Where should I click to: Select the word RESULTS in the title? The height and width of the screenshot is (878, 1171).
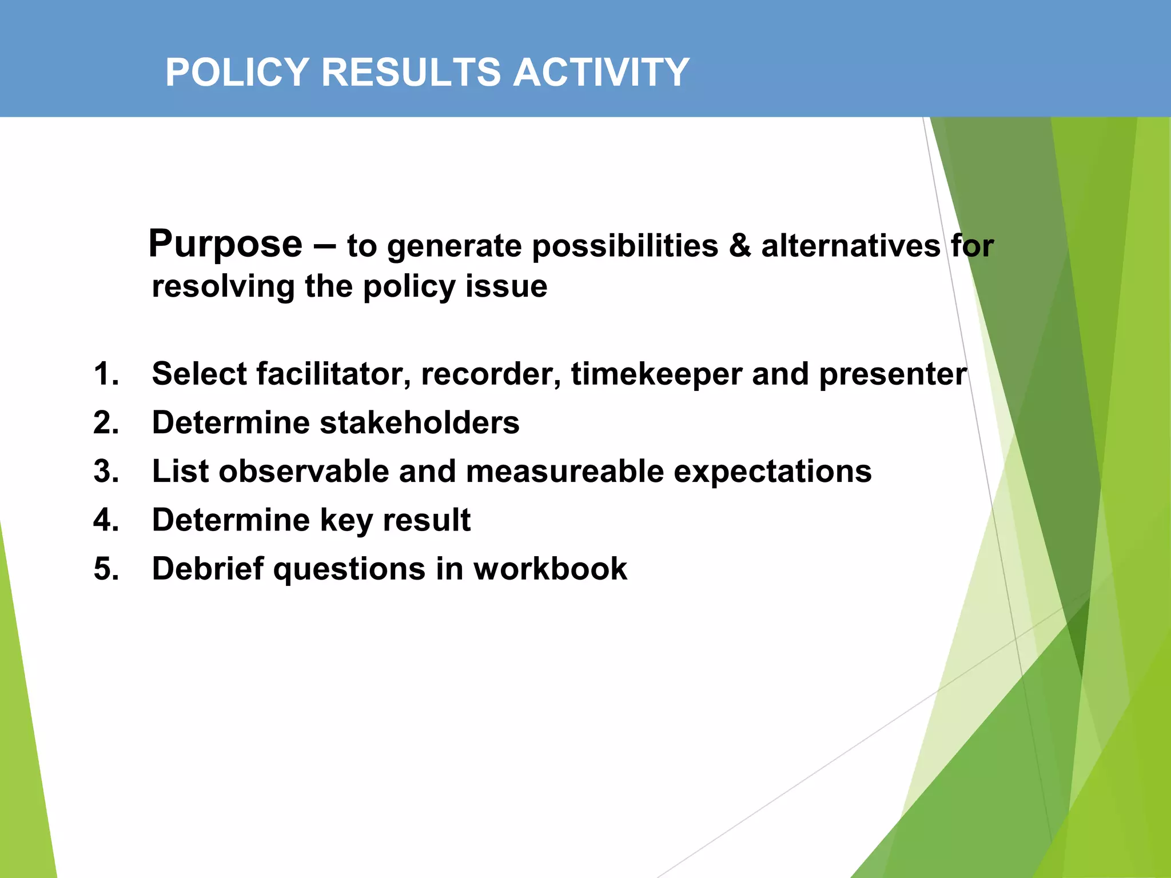click(411, 73)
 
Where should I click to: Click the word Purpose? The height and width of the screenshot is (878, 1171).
click(225, 245)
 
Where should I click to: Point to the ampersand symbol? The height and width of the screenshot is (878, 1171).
click(739, 246)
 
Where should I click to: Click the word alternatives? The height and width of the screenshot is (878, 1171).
click(850, 246)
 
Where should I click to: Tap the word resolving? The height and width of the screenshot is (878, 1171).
click(223, 287)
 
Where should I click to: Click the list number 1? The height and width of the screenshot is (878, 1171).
click(106, 374)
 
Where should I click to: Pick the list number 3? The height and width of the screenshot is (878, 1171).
click(106, 472)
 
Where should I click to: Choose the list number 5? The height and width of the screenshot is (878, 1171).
click(106, 569)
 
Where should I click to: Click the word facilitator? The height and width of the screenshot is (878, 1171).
click(333, 374)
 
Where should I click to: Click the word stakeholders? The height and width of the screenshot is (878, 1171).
click(419, 423)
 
